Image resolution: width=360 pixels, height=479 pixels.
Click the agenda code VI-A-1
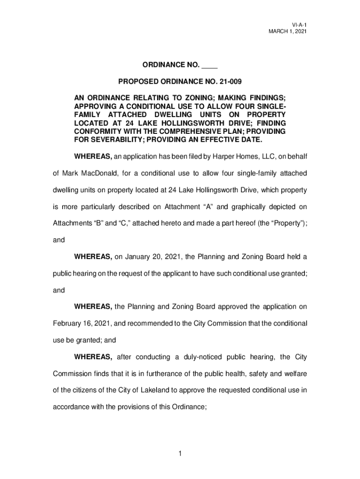tap(299, 24)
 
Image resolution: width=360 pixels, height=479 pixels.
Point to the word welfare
tap(294, 374)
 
